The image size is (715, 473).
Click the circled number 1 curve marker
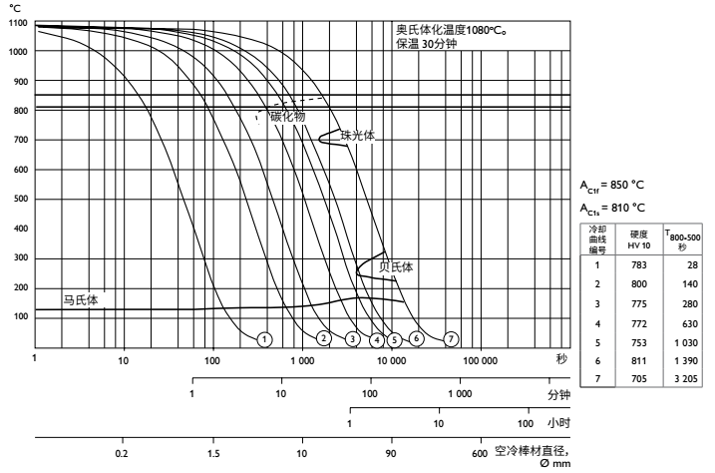(264, 339)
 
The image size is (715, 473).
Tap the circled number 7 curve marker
(452, 339)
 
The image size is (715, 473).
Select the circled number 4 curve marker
(377, 339)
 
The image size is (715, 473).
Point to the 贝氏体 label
(396, 267)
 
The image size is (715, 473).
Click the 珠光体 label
(356, 135)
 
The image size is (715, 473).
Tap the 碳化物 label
(287, 116)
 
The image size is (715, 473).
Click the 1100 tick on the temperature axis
(18, 23)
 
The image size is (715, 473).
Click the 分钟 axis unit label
(557, 394)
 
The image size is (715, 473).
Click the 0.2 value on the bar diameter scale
(123, 454)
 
